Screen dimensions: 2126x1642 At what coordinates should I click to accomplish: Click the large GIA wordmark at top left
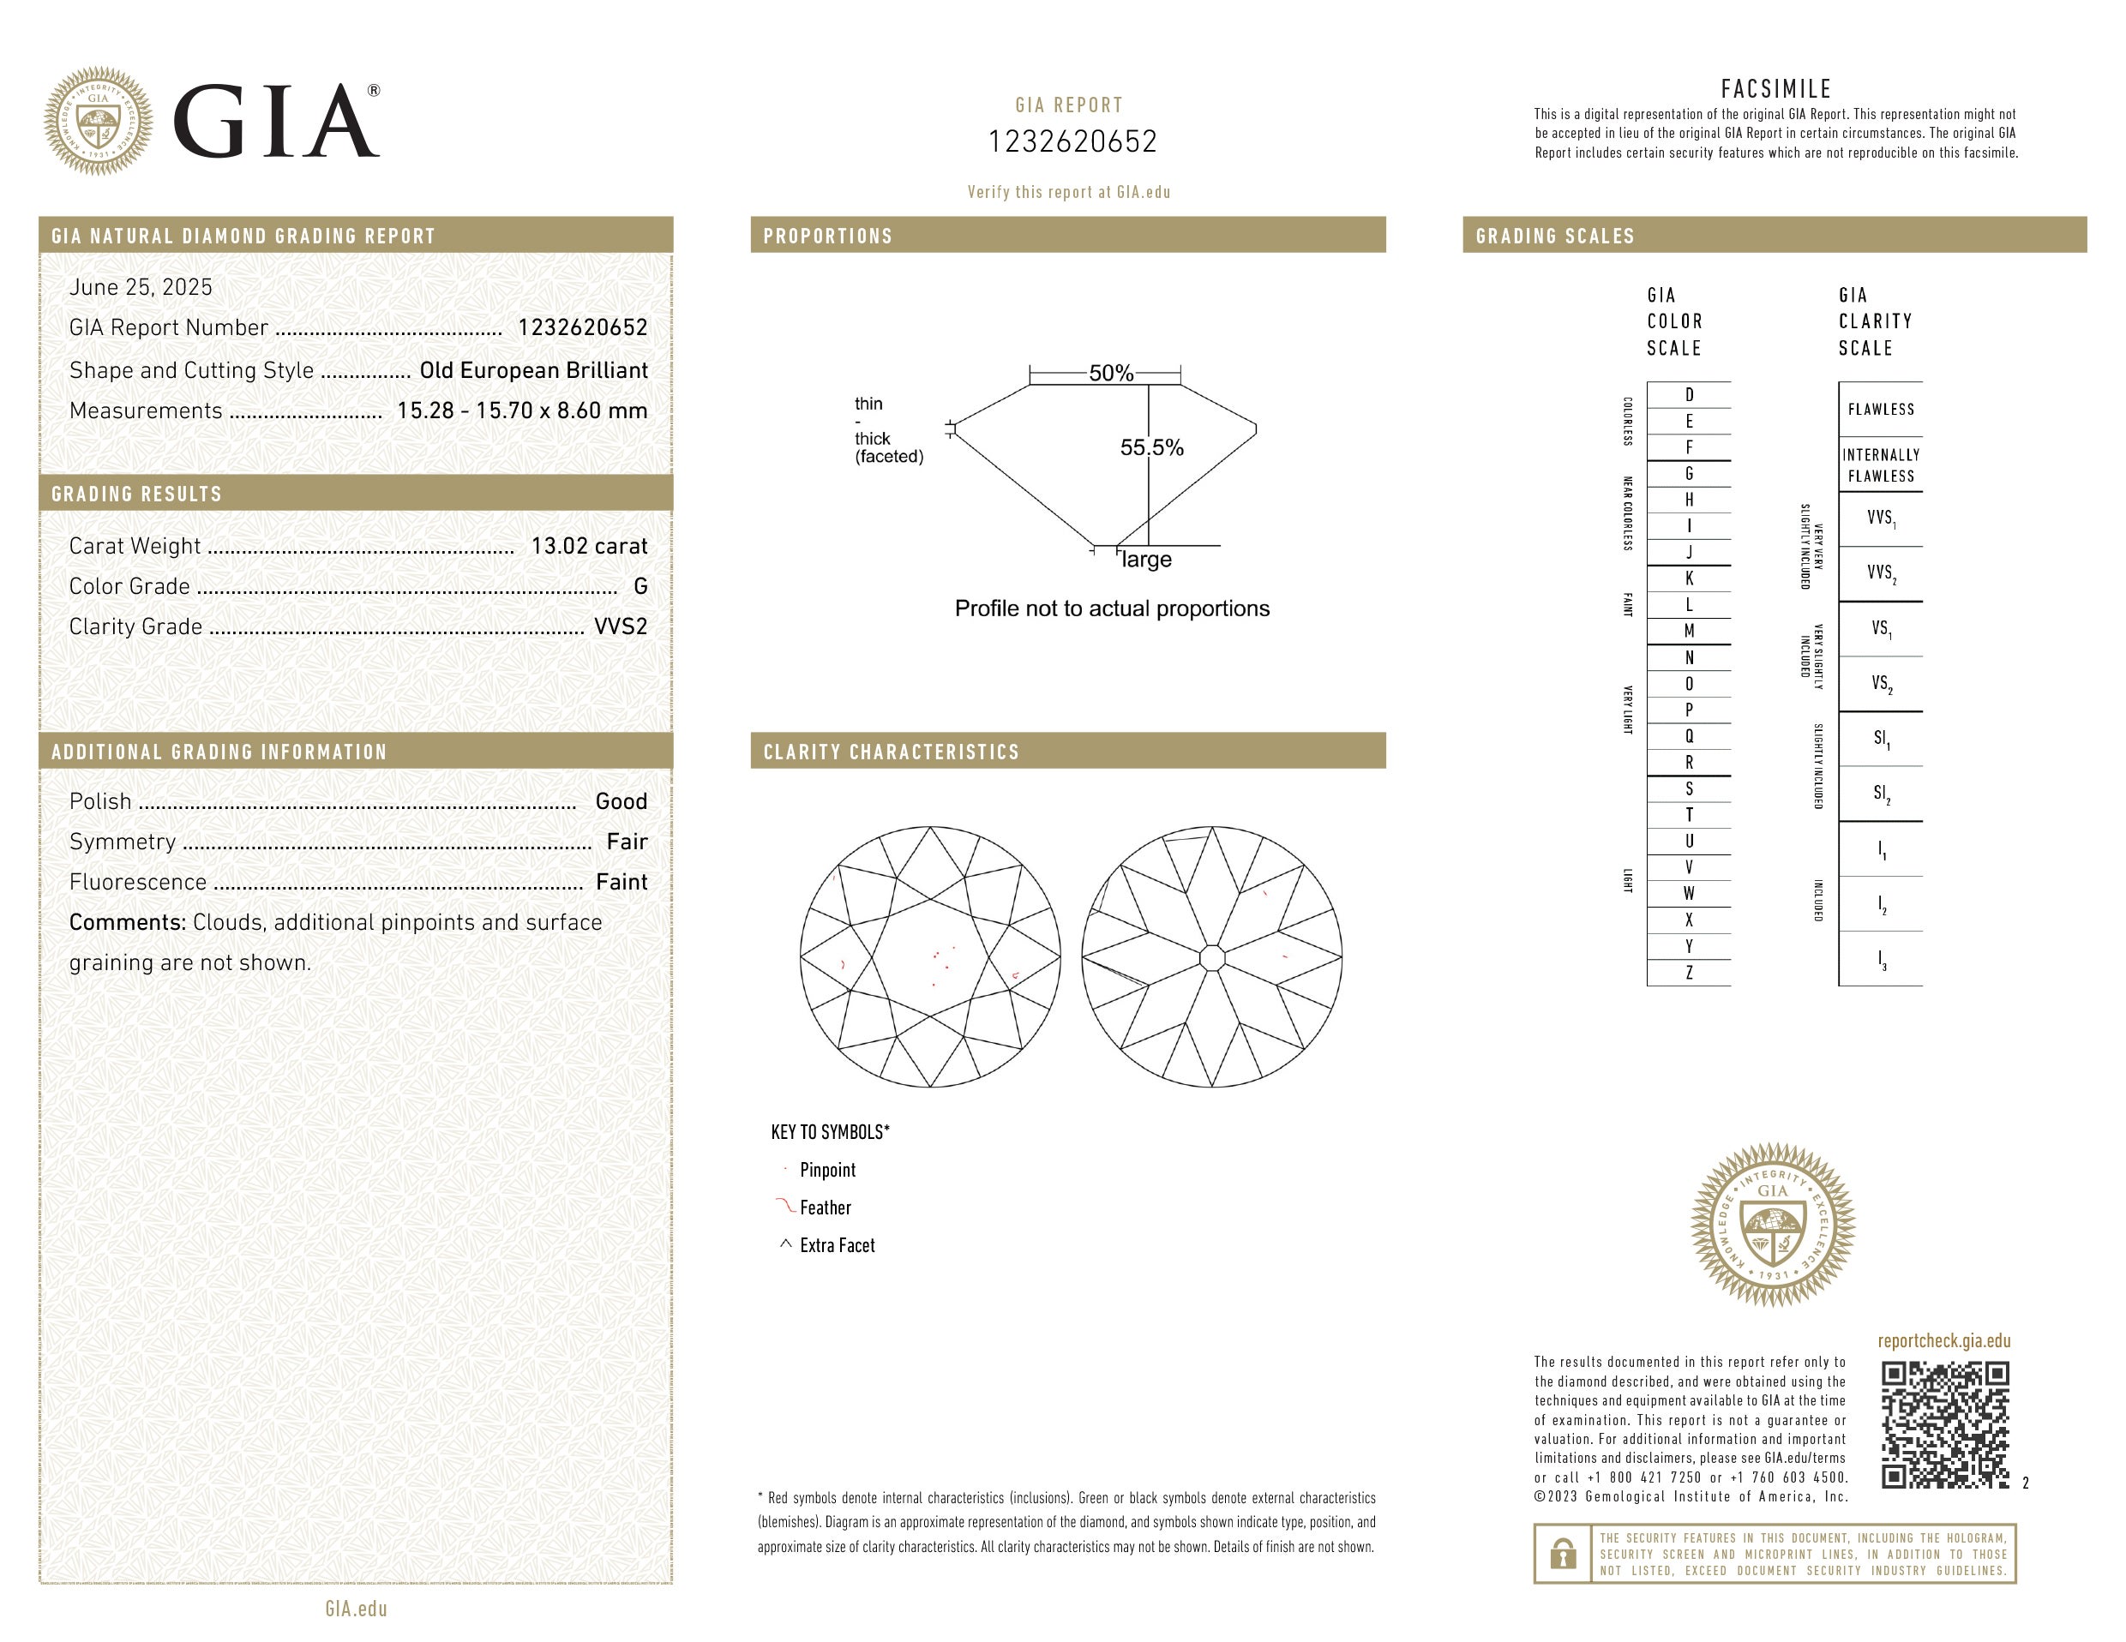coord(275,121)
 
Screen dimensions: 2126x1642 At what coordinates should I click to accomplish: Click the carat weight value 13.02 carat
coord(589,546)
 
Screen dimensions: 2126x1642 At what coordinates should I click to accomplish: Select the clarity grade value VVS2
coord(621,626)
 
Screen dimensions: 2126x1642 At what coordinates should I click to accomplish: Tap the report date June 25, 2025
coord(141,287)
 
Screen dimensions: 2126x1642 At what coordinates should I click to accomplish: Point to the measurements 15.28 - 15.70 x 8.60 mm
coord(523,410)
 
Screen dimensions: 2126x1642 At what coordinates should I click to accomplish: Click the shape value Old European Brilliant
coord(533,371)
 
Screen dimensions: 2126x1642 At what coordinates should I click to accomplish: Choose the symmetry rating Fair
coord(627,842)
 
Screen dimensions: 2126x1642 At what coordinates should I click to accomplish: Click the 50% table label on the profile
coord(1111,373)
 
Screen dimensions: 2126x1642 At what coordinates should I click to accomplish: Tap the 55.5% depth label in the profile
coord(1151,447)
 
